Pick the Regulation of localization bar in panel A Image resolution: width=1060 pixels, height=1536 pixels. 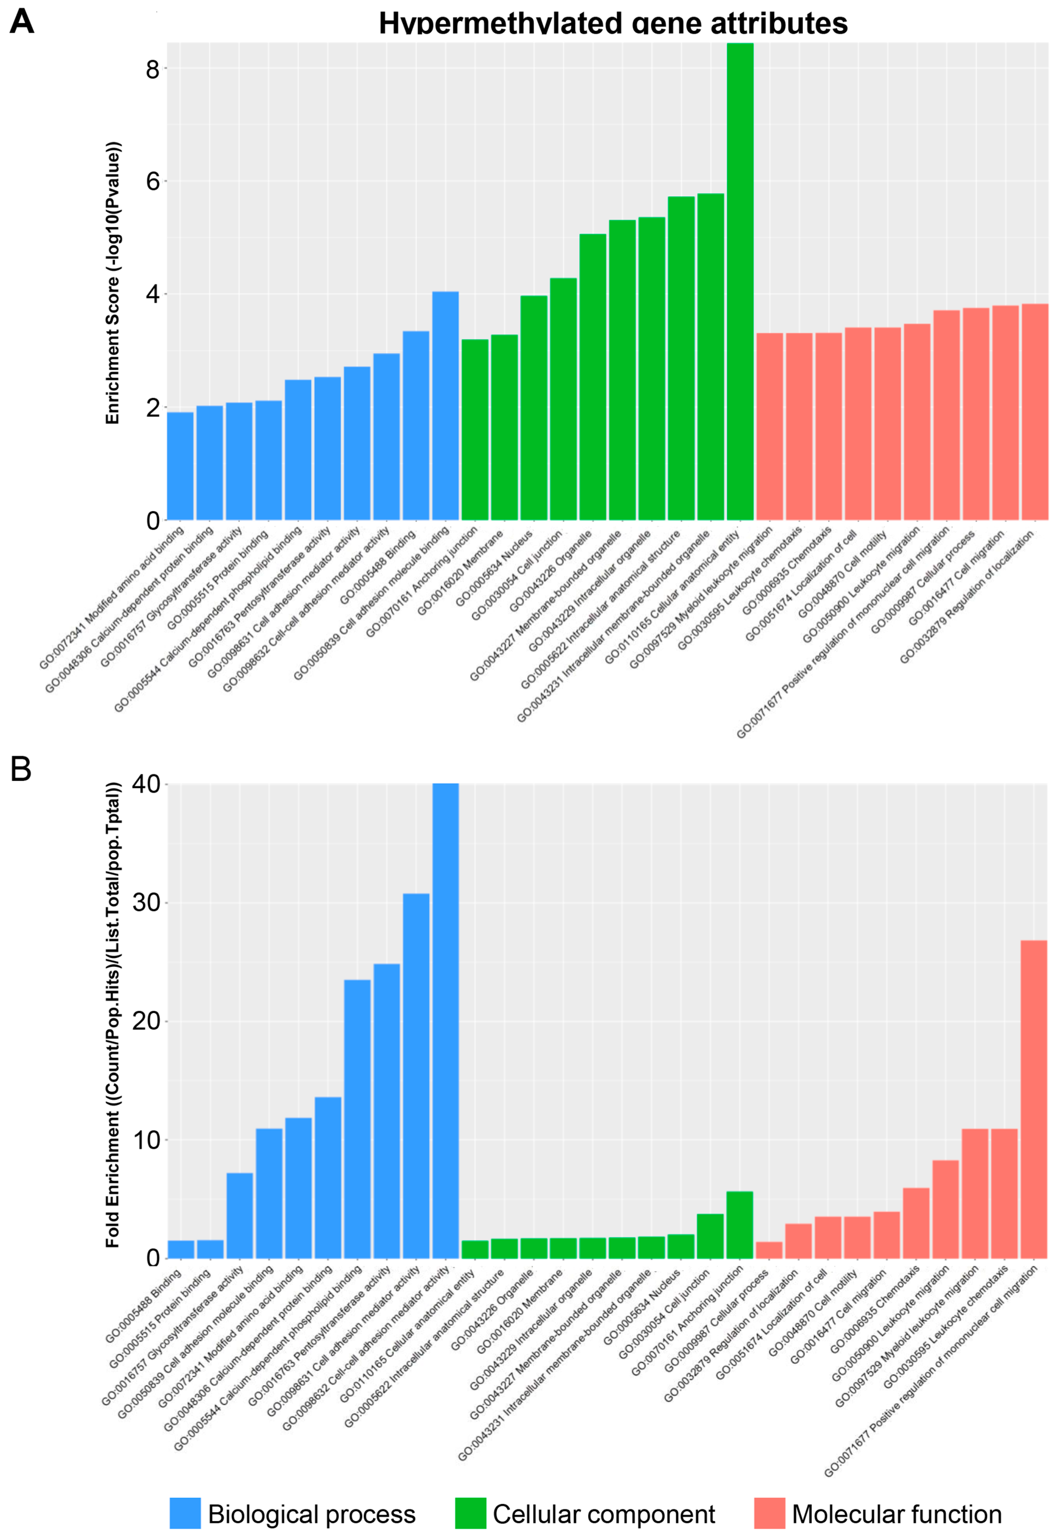click(1034, 412)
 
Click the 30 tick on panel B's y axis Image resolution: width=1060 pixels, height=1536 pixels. click(146, 902)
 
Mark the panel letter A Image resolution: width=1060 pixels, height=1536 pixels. click(22, 22)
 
